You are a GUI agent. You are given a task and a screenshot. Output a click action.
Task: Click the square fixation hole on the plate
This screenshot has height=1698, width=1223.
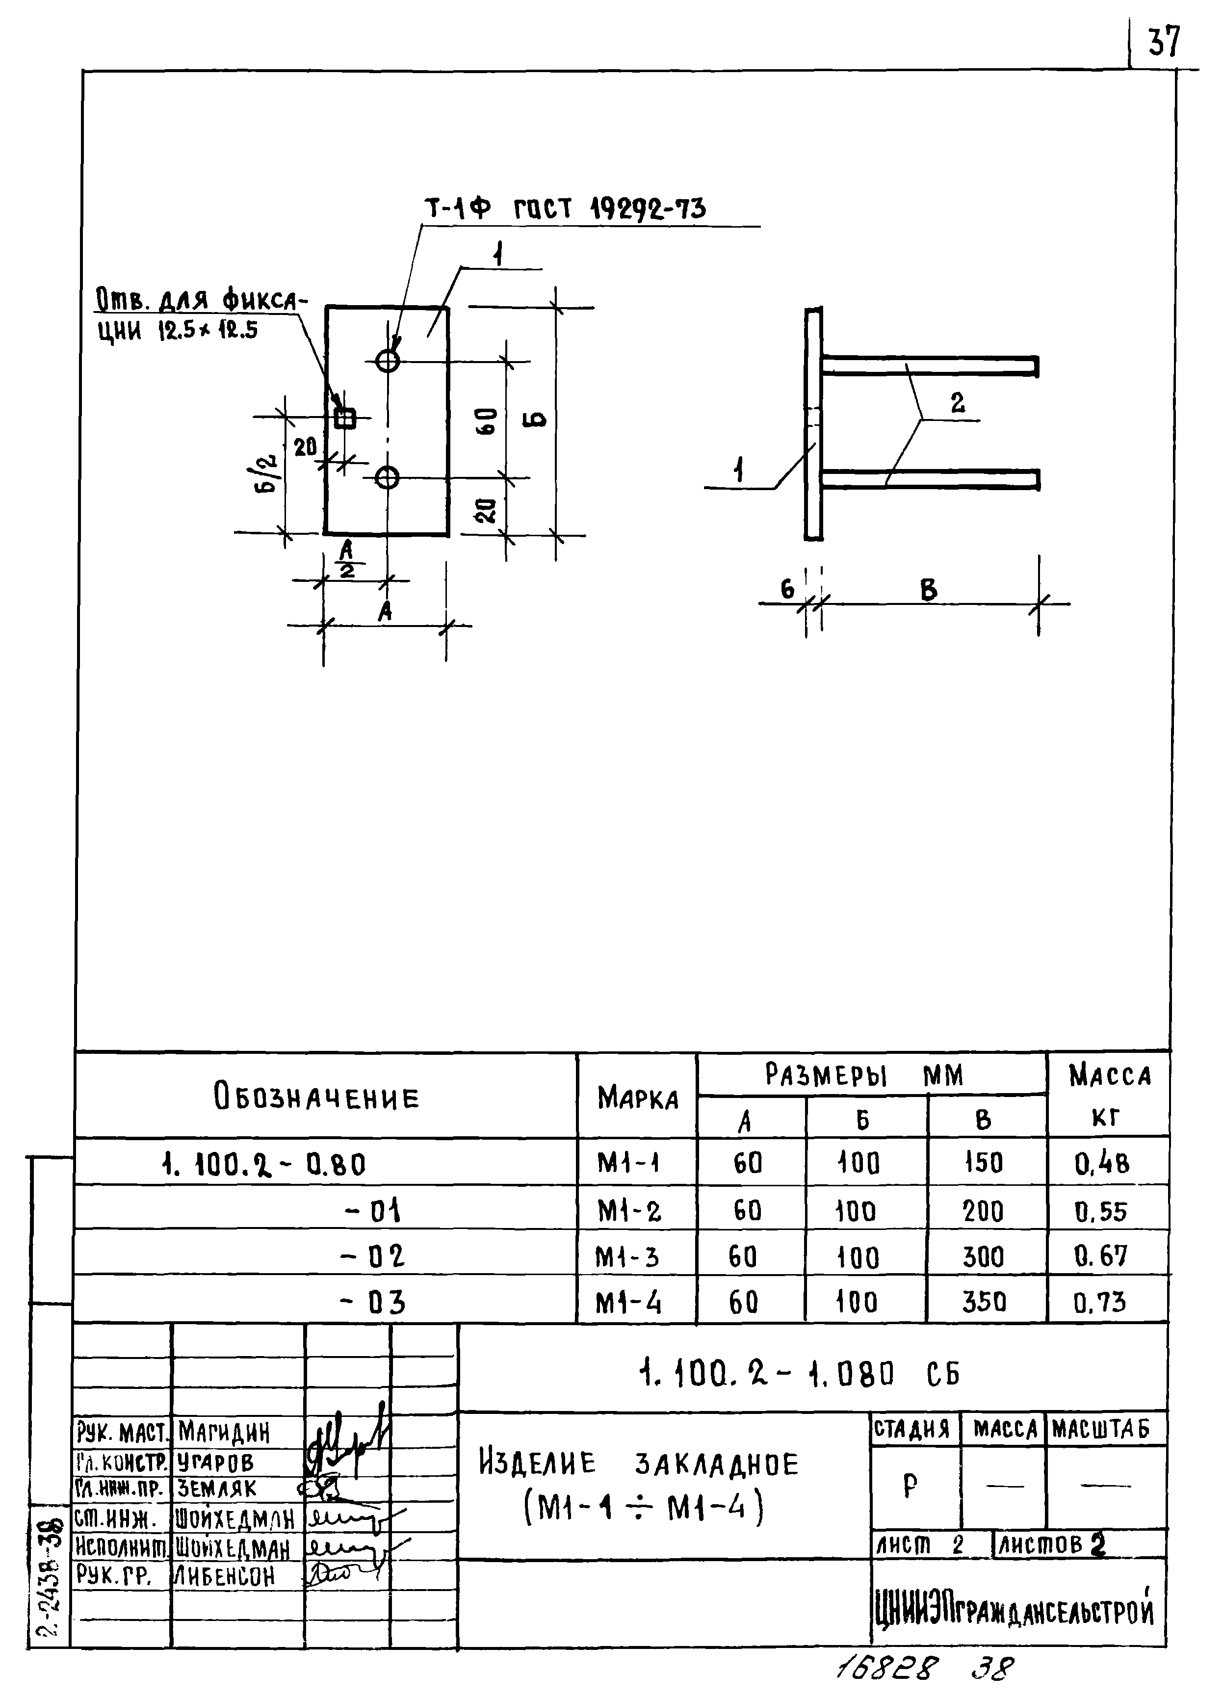pos(344,418)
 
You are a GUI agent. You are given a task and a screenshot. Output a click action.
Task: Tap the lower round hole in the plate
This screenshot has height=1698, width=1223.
pos(387,477)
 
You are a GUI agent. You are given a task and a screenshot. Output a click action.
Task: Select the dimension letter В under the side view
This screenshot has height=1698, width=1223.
pos(928,591)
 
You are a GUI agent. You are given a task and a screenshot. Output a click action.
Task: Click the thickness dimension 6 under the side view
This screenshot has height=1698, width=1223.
pos(787,590)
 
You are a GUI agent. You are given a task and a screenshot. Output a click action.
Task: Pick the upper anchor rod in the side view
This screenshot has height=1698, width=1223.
pos(928,366)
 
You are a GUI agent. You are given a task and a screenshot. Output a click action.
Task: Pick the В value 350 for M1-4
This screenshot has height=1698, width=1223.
pos(984,1302)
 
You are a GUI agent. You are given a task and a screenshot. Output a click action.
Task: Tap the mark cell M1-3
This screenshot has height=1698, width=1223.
pos(627,1257)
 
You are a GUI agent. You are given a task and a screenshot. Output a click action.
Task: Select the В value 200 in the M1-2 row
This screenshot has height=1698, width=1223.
pos(982,1211)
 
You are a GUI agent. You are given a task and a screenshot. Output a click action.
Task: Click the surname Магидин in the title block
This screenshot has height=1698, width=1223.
pos(223,1434)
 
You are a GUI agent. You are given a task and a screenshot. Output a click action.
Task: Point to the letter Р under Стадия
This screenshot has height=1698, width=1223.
pos(910,1486)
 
